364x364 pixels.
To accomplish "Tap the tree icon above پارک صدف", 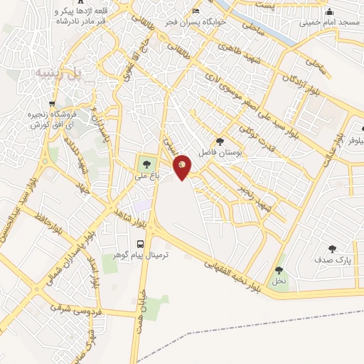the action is tap(332, 249).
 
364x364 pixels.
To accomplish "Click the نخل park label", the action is tap(277, 281).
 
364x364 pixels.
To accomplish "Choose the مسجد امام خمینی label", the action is tap(326, 22).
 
